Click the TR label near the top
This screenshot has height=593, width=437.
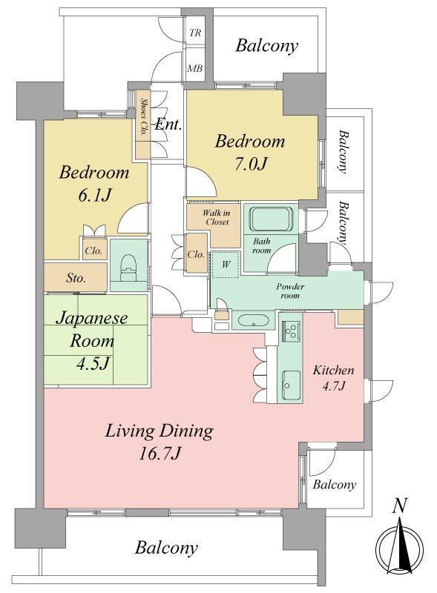click(x=195, y=33)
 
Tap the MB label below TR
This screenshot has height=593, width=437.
click(x=195, y=68)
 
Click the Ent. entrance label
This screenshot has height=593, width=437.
click(x=168, y=125)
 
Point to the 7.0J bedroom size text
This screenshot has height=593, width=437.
click(x=251, y=164)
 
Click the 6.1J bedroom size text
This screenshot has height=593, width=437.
click(x=95, y=195)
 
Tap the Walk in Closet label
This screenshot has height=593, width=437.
click(x=216, y=217)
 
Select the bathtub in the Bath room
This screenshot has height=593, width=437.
click(x=271, y=219)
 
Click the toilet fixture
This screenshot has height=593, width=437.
click(x=128, y=267)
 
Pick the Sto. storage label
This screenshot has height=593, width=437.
click(x=76, y=279)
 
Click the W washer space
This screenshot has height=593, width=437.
click(x=226, y=265)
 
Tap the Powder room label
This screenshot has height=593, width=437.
click(x=290, y=291)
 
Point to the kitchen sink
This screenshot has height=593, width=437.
click(x=291, y=385)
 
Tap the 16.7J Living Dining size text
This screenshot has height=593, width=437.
click(x=159, y=453)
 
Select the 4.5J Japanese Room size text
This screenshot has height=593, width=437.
click(x=93, y=363)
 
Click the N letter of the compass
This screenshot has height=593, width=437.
click(x=399, y=506)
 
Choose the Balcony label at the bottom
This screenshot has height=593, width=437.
click(x=166, y=548)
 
